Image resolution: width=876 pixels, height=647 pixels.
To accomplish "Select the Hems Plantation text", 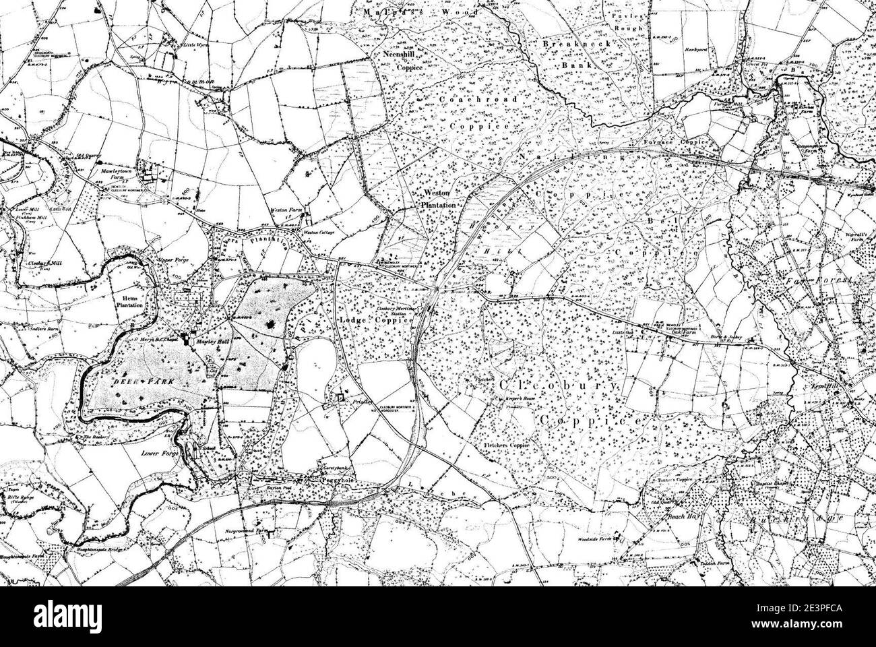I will tap(130, 299).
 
